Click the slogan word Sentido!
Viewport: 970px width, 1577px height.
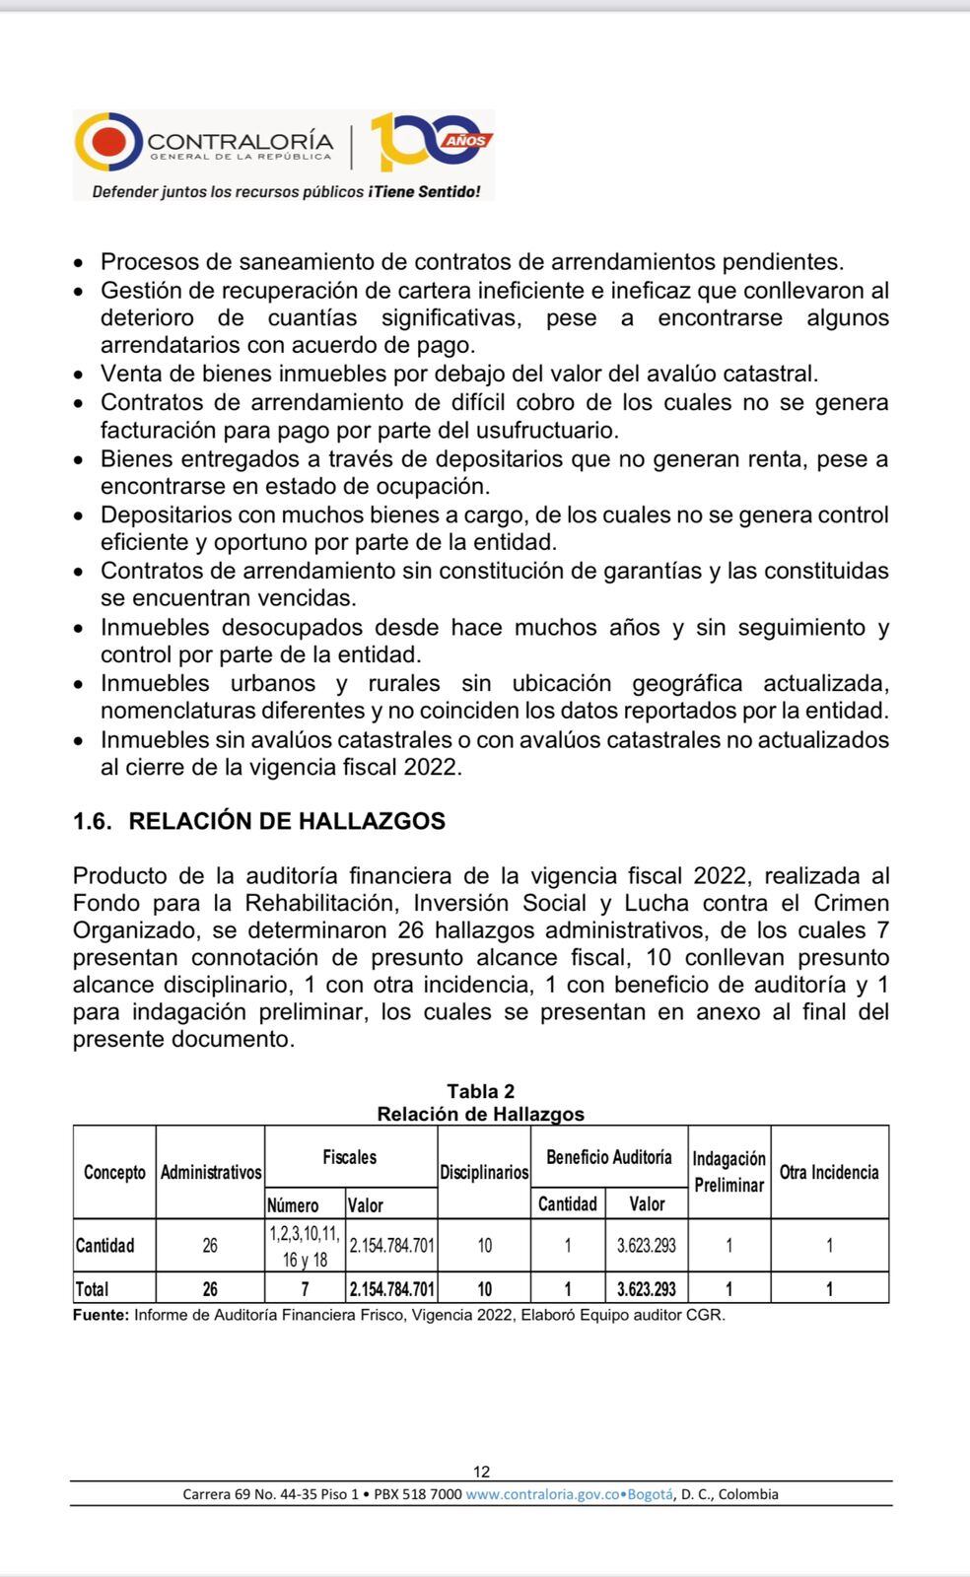click(449, 192)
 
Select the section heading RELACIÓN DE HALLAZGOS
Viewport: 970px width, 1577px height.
click(287, 821)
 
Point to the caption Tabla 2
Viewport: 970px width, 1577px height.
click(480, 1091)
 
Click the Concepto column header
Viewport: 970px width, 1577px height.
click(114, 1172)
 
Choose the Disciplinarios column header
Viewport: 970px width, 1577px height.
click(484, 1172)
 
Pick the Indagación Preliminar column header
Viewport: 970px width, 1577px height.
click(728, 1172)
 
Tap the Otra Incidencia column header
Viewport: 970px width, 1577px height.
click(829, 1172)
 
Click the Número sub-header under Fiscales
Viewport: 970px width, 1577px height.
click(293, 1204)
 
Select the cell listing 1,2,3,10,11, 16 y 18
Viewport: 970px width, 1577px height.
click(304, 1246)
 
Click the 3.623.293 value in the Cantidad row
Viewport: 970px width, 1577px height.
click(646, 1246)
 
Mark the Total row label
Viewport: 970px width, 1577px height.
click(93, 1289)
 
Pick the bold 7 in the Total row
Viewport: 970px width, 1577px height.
click(305, 1289)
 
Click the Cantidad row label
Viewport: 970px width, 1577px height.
click(104, 1246)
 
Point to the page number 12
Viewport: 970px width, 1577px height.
click(481, 1472)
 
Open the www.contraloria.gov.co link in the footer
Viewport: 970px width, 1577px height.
click(541, 1494)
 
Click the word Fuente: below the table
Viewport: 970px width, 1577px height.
click(101, 1315)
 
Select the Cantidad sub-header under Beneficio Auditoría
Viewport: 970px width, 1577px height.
click(567, 1204)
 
